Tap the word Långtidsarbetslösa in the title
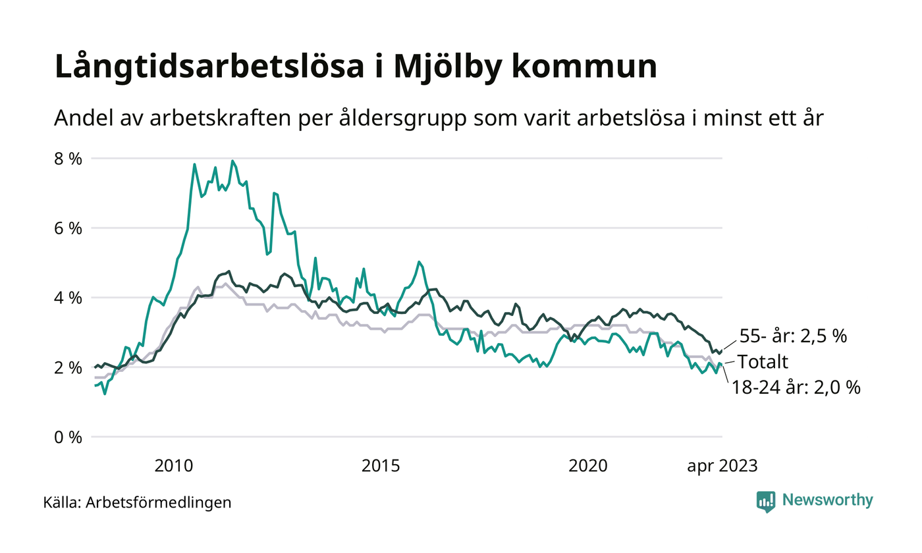tap(208, 67)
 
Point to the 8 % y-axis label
tap(68, 159)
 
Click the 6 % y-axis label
tap(68, 228)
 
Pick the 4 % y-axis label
tap(68, 298)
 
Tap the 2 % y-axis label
tap(68, 367)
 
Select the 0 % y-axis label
tap(68, 436)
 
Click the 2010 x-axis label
tap(174, 466)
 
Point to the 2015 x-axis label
tap(381, 466)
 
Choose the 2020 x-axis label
tap(588, 466)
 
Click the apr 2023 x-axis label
tap(722, 466)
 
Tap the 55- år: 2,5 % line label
tap(792, 336)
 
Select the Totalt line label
tap(762, 361)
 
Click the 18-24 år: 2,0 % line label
tap(796, 388)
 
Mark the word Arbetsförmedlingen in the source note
tap(159, 503)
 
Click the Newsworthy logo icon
tap(766, 501)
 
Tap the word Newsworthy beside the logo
tap(827, 500)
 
